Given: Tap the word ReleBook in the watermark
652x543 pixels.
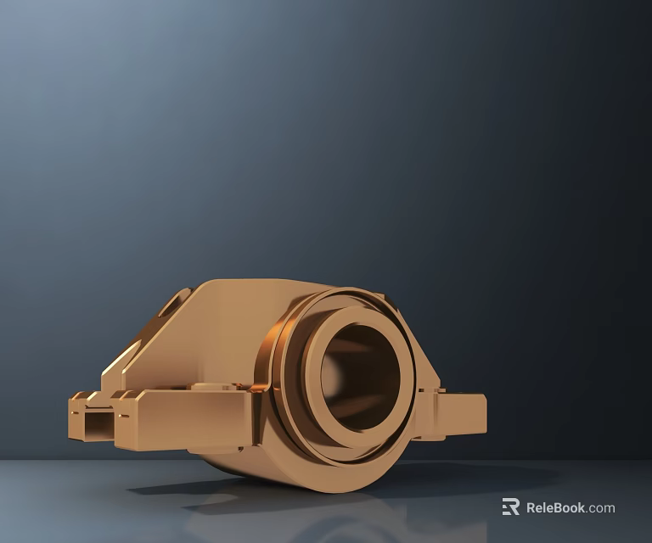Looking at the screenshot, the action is click(x=555, y=507).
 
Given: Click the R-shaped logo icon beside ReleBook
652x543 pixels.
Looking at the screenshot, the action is click(x=510, y=507).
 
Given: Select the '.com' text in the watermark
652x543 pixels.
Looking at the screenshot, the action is click(x=600, y=508).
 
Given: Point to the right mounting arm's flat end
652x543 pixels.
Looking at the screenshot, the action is click(x=478, y=414).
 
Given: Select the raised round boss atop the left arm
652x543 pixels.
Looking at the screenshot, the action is click(x=212, y=386).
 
